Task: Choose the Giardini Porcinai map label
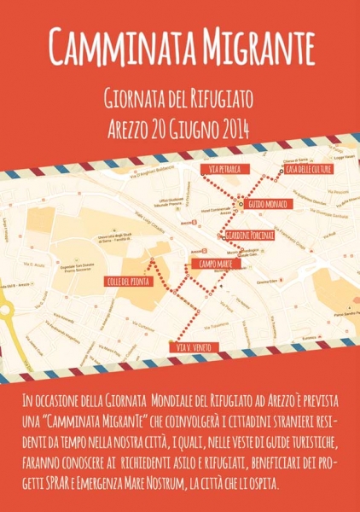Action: click(x=247, y=235)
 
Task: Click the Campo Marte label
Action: click(x=215, y=265)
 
